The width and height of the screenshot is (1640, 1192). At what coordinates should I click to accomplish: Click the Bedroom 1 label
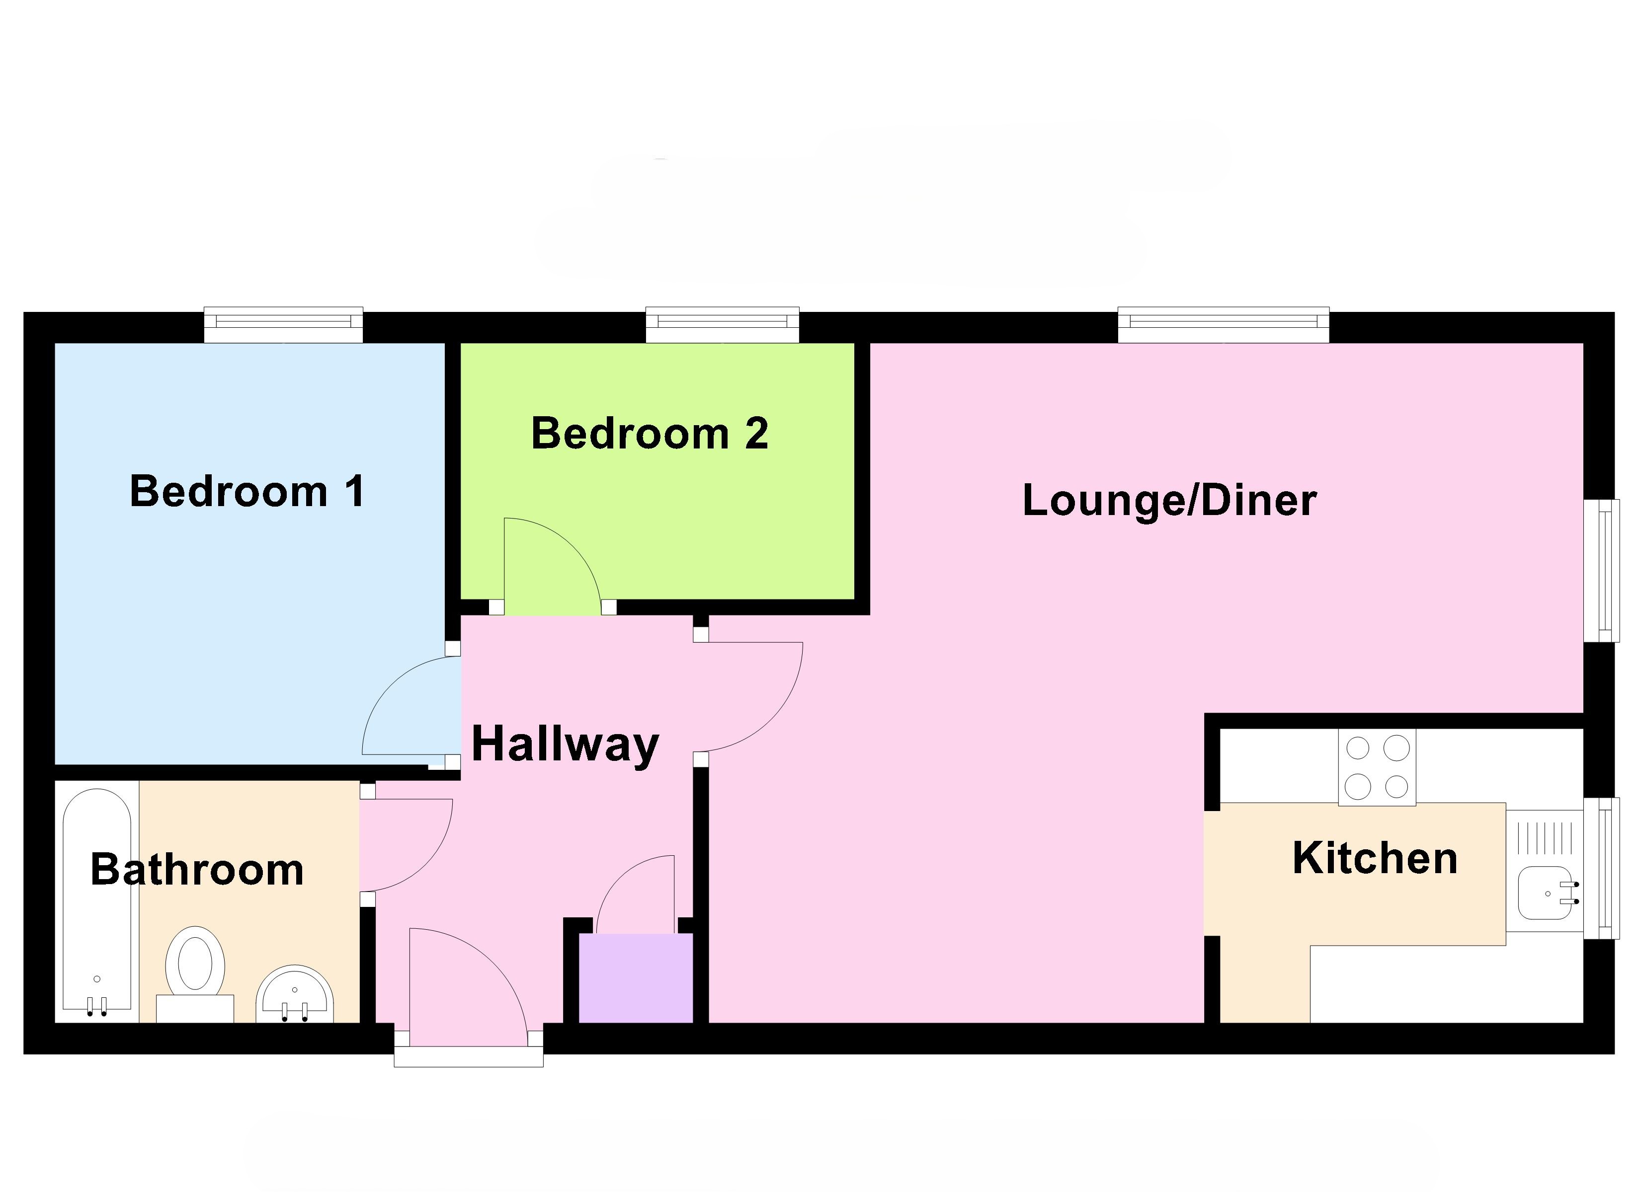tap(247, 492)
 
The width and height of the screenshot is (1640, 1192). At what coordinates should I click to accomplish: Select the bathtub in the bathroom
tap(97, 900)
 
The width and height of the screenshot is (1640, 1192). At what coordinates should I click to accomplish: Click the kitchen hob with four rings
tap(1377, 767)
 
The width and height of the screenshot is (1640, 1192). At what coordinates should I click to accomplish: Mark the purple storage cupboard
tap(636, 977)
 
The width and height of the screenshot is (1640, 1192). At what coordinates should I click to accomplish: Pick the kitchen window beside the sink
tap(1600, 868)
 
